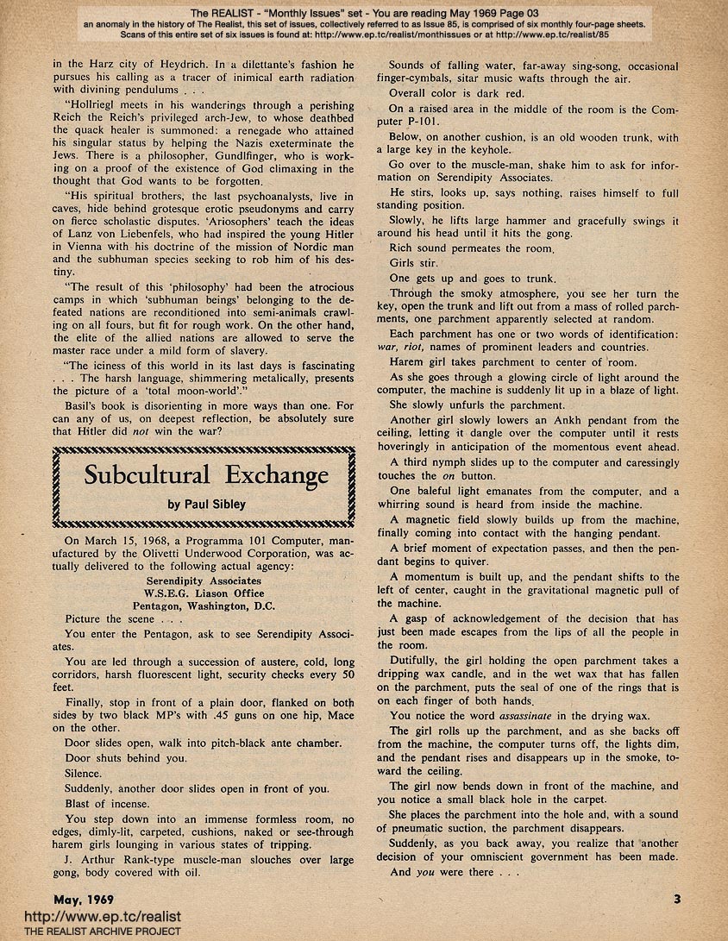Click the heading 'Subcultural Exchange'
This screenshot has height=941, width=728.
(206, 475)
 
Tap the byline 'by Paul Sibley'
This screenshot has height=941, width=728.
(206, 505)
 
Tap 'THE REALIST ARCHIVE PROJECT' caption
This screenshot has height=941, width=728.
(91, 932)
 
